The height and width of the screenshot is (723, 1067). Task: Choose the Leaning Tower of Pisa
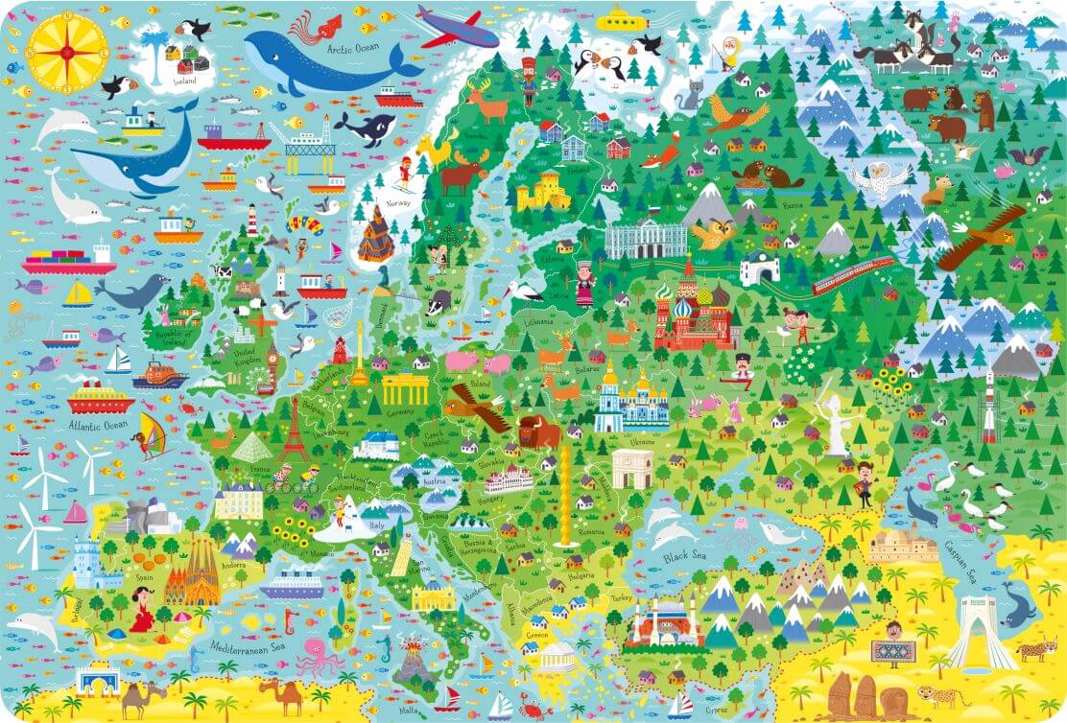pos(401,554)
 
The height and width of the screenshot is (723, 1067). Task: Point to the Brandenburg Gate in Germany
pos(405,388)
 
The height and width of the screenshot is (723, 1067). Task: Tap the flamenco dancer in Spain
pos(142,611)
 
